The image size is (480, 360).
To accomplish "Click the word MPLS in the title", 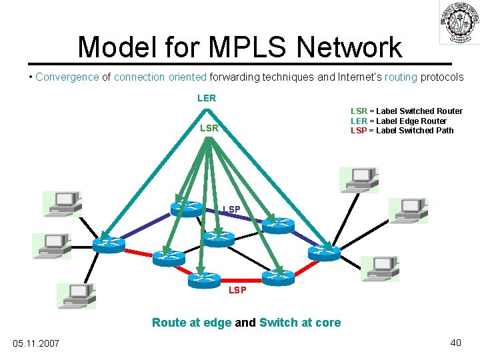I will (249, 47).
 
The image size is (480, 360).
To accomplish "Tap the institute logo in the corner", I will (458, 23).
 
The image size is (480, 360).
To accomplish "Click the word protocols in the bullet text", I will (442, 77).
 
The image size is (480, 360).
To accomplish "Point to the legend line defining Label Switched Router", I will (406, 111).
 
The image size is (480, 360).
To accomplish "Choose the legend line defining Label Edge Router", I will (398, 121).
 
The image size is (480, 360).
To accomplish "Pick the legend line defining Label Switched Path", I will (401, 130).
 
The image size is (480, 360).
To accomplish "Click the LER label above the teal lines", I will (206, 98).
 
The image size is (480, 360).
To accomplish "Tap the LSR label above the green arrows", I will (209, 127).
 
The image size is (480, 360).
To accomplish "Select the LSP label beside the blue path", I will (231, 211).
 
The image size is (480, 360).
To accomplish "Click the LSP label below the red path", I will (237, 290).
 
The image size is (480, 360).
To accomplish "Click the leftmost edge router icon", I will (109, 245).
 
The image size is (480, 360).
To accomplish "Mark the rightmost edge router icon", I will (324, 252).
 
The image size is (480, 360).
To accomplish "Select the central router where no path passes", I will (219, 238).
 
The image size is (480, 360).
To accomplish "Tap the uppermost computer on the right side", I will (359, 179).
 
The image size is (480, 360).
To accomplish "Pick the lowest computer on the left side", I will (76, 295).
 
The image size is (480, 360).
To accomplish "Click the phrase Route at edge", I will (192, 323).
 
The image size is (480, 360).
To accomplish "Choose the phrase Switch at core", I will (299, 323).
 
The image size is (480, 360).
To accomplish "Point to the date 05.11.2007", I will (36, 343).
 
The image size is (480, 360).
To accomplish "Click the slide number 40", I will (455, 343).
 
